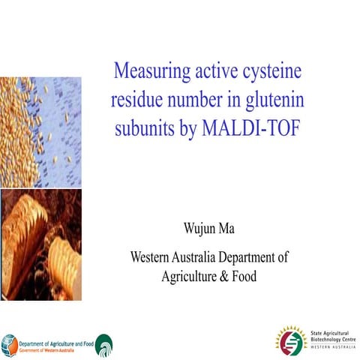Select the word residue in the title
[139, 101]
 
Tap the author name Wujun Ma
[208, 225]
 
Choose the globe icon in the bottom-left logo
[10, 343]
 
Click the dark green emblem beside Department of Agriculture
[105, 344]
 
